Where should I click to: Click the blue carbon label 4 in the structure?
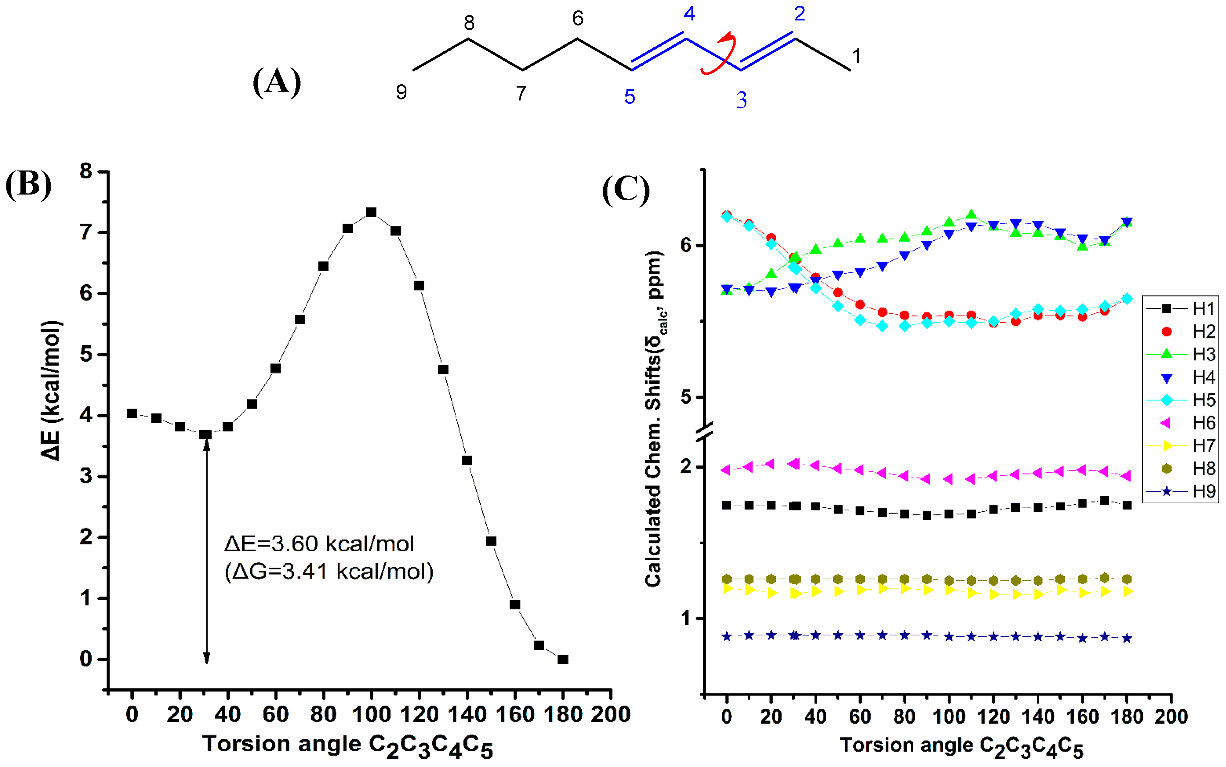[689, 14]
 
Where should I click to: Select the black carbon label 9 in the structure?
[401, 92]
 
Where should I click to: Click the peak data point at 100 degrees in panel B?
[371, 212]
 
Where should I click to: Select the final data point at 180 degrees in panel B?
[563, 659]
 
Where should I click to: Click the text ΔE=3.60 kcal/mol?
[319, 544]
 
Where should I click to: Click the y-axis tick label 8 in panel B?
[86, 172]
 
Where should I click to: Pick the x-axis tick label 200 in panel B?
[611, 714]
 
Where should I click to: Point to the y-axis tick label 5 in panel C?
[686, 397]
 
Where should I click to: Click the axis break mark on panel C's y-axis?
[704, 431]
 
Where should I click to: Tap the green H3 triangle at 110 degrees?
[971, 215]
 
